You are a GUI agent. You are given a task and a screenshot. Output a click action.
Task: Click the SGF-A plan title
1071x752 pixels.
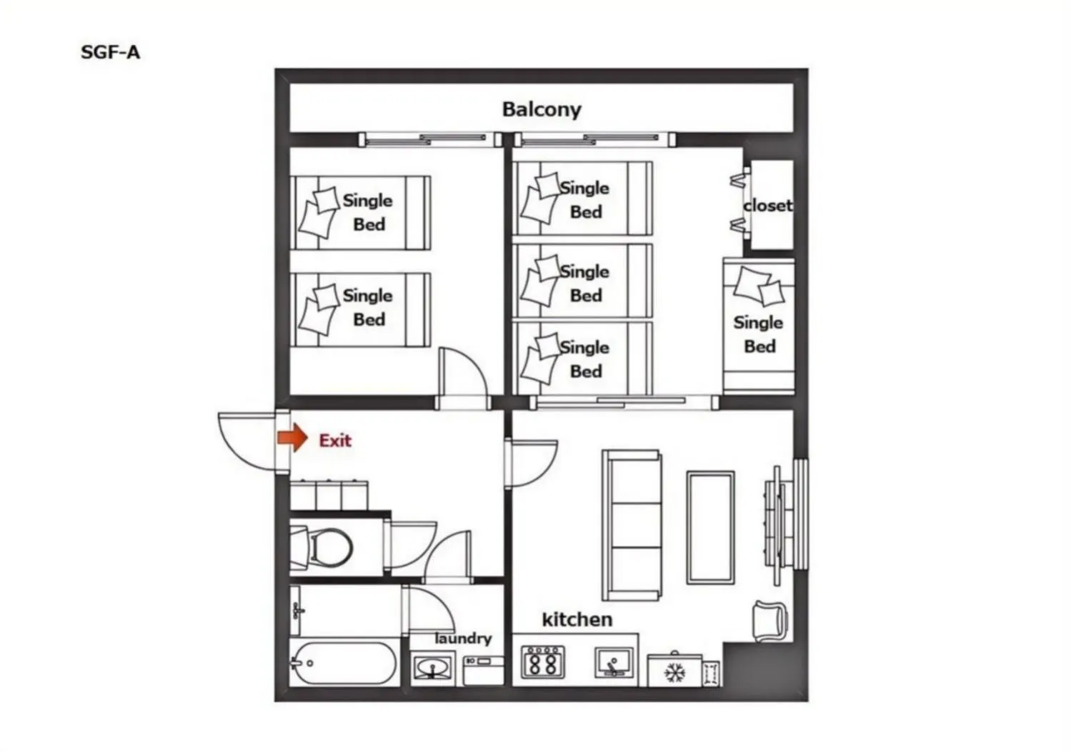pyautogui.click(x=111, y=52)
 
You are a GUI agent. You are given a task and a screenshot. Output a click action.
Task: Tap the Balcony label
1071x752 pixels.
pyautogui.click(x=542, y=109)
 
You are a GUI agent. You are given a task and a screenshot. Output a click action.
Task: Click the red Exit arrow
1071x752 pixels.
pyautogui.click(x=292, y=438)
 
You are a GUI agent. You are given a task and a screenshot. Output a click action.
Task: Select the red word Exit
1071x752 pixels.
pyautogui.click(x=335, y=440)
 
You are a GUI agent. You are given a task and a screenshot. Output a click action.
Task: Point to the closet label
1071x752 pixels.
pyautogui.click(x=768, y=206)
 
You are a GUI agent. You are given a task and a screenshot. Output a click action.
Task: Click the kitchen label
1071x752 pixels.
pyautogui.click(x=577, y=619)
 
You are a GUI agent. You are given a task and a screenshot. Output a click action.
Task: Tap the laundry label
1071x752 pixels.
pyautogui.click(x=463, y=638)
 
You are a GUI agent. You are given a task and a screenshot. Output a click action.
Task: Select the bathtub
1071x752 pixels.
pyautogui.click(x=343, y=663)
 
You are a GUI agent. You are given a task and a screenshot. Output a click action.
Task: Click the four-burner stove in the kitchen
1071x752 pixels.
pyautogui.click(x=543, y=662)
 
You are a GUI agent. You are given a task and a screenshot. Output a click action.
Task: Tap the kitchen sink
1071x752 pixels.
pyautogui.click(x=614, y=663)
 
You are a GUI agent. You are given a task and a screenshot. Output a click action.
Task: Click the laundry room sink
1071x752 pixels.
pyautogui.click(x=433, y=668)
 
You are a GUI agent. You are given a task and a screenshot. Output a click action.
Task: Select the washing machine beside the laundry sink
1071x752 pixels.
pyautogui.click(x=484, y=671)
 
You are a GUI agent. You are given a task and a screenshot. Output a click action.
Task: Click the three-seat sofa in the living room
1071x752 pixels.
pyautogui.click(x=632, y=525)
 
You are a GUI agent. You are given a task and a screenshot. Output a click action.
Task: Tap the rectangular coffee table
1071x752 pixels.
pyautogui.click(x=710, y=528)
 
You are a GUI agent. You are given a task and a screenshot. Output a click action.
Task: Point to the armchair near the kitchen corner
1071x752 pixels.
pyautogui.click(x=769, y=621)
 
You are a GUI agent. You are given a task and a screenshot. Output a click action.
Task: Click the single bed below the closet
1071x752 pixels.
pyautogui.click(x=759, y=326)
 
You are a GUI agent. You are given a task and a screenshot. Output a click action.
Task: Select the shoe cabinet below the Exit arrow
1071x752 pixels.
pyautogui.click(x=329, y=495)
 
